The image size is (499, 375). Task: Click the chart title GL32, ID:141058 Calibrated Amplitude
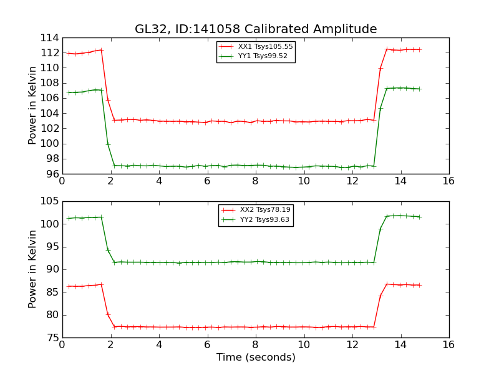click(x=256, y=29)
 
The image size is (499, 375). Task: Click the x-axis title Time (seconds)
click(x=256, y=357)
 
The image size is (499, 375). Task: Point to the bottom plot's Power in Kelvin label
click(x=33, y=269)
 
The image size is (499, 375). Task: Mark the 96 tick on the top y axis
click(x=52, y=174)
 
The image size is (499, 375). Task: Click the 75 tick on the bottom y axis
click(x=52, y=337)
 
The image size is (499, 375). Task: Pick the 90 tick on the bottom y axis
click(x=52, y=269)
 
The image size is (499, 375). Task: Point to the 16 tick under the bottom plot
click(x=448, y=344)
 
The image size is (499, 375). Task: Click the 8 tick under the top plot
click(x=255, y=181)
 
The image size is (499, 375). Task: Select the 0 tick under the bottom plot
click(x=62, y=344)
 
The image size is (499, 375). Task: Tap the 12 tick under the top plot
click(x=352, y=181)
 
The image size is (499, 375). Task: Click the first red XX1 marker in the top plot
click(x=69, y=53)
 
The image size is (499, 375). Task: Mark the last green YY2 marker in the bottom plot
click(x=419, y=217)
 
